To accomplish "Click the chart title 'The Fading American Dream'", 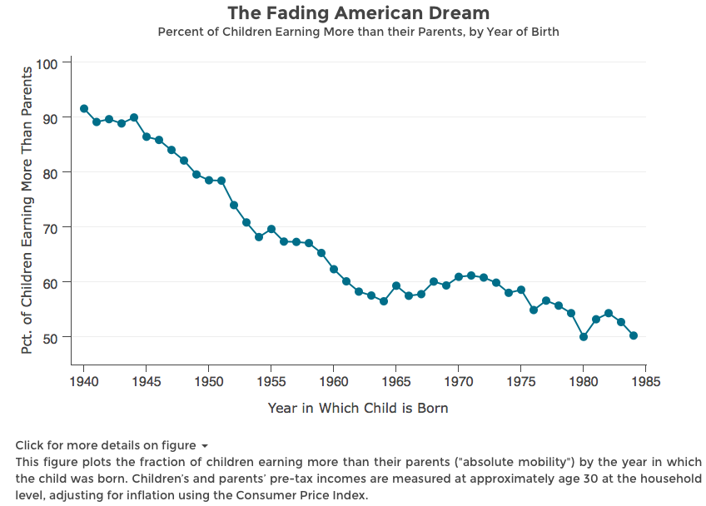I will [x=358, y=13].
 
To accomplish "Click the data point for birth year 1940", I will [x=84, y=109].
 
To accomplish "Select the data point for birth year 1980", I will [x=584, y=337].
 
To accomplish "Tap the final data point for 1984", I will [x=634, y=335].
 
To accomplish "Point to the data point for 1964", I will [x=384, y=301].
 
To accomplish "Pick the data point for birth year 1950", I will [x=209, y=181].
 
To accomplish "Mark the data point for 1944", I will [x=134, y=118].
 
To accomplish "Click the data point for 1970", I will [x=459, y=277].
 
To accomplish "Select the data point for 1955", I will [x=271, y=229].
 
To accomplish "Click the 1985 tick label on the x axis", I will [x=645, y=382].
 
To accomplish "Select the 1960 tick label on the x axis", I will [x=333, y=382].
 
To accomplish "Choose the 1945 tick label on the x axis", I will [x=146, y=382].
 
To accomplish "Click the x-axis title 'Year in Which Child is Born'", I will [x=358, y=409].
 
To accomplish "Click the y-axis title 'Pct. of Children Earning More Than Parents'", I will [x=27, y=210].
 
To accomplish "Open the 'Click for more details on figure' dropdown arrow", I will [x=205, y=446].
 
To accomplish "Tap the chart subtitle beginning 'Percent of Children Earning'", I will [x=358, y=32].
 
